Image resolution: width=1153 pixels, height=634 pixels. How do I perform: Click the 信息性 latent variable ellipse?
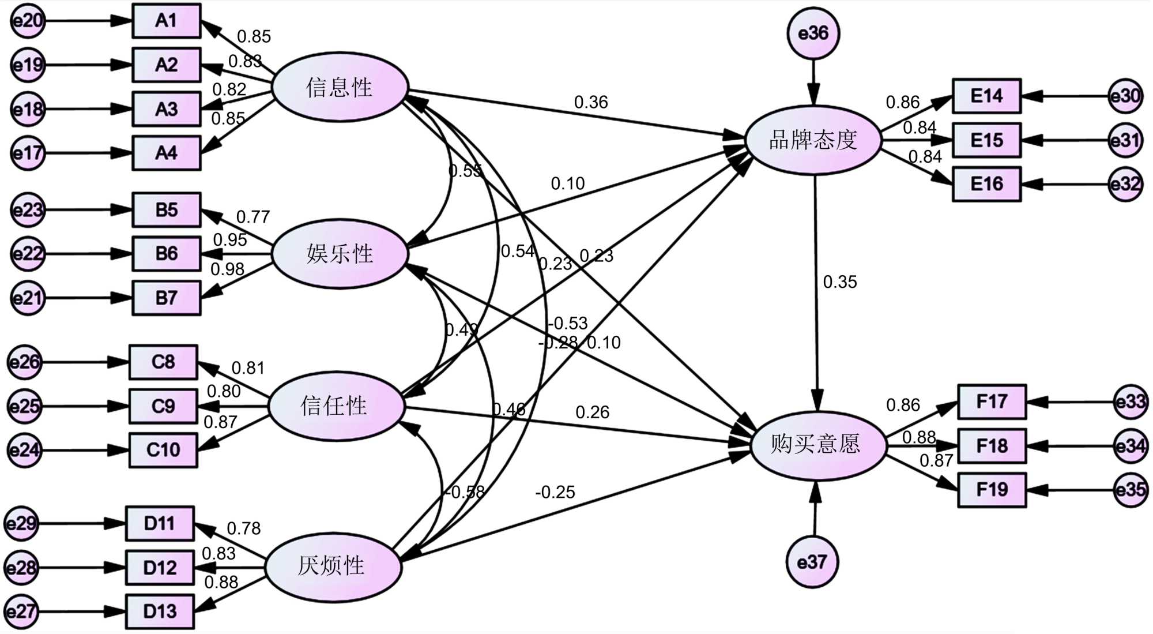[340, 88]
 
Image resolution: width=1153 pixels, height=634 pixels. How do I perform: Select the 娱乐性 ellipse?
[340, 253]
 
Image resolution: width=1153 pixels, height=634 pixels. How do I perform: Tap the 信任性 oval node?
[335, 406]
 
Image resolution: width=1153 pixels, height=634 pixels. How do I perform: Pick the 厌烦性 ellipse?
[332, 567]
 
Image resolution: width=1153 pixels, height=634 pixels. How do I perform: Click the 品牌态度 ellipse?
[813, 140]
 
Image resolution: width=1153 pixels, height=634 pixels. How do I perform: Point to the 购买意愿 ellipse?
[816, 445]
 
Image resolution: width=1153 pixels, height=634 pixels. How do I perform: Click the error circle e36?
[813, 33]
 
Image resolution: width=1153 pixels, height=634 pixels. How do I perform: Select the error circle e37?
[812, 562]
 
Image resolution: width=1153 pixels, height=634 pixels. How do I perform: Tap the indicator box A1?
[167, 21]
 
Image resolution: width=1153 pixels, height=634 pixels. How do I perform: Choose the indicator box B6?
[167, 253]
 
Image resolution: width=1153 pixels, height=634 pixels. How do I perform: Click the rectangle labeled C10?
[163, 450]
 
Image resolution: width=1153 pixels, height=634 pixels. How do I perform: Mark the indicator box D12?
[160, 568]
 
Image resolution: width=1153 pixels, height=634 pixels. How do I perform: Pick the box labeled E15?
[986, 140]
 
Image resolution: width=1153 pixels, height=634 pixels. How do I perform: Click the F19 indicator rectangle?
[992, 490]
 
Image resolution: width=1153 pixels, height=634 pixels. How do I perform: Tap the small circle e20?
[27, 21]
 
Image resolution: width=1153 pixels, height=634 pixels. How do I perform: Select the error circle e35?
[1130, 490]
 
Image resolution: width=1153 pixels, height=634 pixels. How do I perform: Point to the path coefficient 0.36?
[591, 102]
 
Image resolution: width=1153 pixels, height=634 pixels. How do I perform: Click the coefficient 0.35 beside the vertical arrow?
[840, 282]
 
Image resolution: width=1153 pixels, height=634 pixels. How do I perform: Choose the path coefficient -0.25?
[555, 492]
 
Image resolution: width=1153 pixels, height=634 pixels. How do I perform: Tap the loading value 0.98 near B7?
[227, 269]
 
